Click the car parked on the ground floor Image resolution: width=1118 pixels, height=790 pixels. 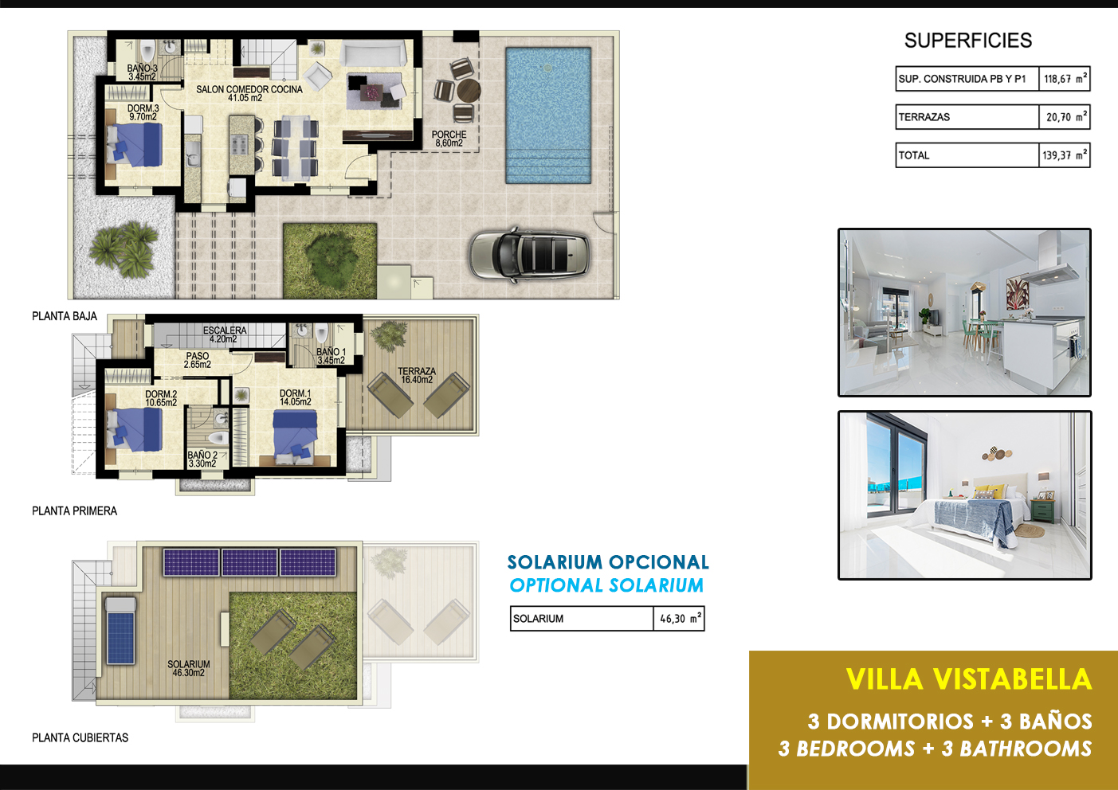click(529, 254)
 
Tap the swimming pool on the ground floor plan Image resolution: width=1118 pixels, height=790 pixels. click(548, 115)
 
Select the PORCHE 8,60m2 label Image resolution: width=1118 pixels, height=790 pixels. click(449, 139)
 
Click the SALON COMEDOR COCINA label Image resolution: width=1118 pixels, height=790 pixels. click(249, 93)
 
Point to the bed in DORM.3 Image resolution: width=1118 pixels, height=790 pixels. click(135, 144)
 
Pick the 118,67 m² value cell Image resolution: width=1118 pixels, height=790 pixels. click(1064, 79)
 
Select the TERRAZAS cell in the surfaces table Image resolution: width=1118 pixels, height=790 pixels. click(967, 117)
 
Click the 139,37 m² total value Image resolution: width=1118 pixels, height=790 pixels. click(1064, 155)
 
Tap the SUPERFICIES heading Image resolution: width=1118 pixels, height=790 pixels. click(967, 41)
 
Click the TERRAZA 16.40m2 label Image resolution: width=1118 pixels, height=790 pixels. click(417, 376)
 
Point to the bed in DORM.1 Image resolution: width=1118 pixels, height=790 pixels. click(295, 434)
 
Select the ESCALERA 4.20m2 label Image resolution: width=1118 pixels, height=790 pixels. click(225, 334)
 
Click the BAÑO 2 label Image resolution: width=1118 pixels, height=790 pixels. click(202, 455)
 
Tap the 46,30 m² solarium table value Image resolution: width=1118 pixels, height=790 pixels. click(679, 619)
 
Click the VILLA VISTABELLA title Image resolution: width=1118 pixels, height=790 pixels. click(969, 679)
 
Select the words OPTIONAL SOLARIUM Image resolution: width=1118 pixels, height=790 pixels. click(606, 585)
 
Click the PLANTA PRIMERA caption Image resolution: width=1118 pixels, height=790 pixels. click(74, 511)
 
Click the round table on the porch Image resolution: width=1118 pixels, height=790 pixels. click(469, 91)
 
